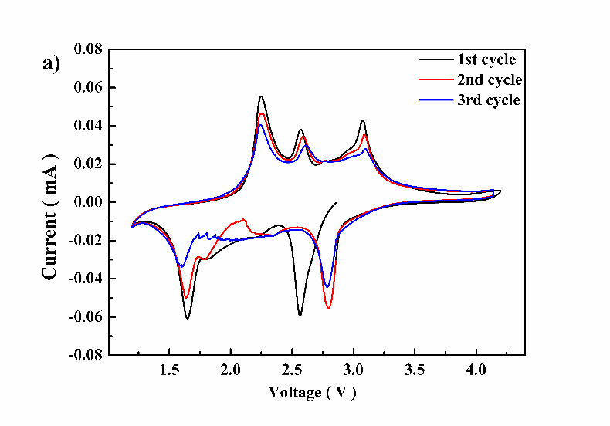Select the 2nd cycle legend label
490,80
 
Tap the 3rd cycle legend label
488,100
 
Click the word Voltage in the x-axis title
294,392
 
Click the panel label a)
51,63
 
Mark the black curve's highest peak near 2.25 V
261,96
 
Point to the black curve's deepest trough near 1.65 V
187,318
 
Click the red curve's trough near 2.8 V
328,308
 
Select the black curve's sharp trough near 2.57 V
300,315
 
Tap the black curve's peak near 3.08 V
362,120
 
